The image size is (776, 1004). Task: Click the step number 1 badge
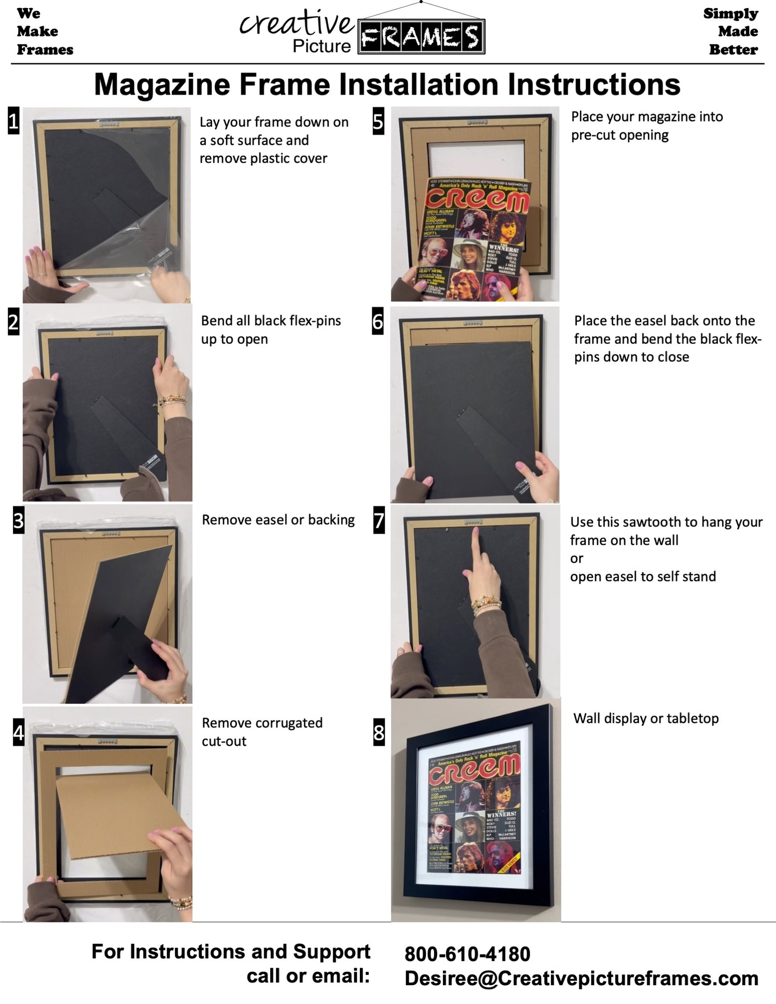[x=13, y=121]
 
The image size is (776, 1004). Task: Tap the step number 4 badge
[x=18, y=732]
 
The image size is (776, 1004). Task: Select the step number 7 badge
[x=379, y=520]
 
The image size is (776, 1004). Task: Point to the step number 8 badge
[x=379, y=732]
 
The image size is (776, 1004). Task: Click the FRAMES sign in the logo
[x=422, y=37]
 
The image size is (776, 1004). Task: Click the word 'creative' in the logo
[x=297, y=24]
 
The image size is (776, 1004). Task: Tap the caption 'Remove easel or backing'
[x=278, y=520]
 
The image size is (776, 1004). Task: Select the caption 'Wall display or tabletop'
[x=646, y=718]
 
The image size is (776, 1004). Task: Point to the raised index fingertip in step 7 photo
[x=475, y=532]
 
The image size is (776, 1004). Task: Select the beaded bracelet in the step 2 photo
[x=172, y=401]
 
